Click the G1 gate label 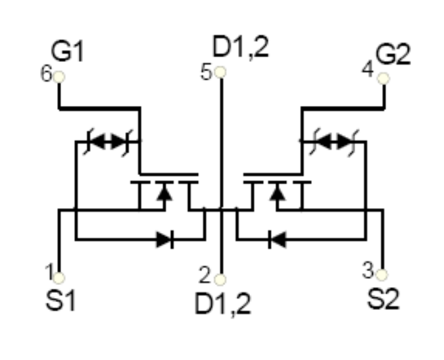67,51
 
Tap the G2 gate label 393,55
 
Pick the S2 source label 383,299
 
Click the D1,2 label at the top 240,47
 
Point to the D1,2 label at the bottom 223,304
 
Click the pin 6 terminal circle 59,77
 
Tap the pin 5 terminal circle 220,72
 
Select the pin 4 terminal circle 383,78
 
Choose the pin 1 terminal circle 59,278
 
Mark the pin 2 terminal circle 220,279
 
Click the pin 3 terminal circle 382,274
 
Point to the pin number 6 46,73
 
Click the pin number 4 368,69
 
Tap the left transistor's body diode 165,240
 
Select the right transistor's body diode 277,240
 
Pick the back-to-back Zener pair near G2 334,141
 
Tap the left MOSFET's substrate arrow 164,193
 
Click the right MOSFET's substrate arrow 277,193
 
